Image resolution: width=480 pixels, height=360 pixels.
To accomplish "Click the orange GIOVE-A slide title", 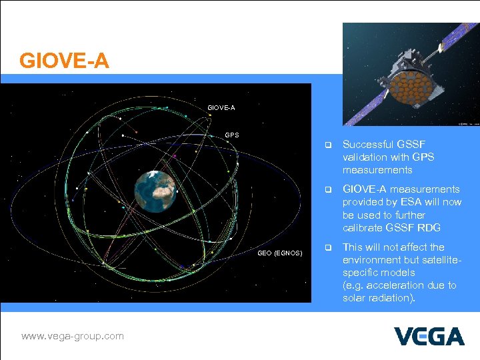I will point(64,61).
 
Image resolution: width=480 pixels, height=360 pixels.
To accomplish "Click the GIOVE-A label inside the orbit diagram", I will point(221,107).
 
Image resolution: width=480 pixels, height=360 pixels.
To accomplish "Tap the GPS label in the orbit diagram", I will point(231,135).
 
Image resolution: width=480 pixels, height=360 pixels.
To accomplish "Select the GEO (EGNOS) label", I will point(280,253).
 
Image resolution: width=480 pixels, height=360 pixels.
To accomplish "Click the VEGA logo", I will point(429,336).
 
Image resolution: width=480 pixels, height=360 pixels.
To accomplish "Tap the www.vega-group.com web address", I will point(72,336).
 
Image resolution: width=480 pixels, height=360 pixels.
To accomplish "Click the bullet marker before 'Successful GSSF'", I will point(327,145).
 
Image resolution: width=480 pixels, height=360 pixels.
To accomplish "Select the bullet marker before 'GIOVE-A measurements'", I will point(327,190).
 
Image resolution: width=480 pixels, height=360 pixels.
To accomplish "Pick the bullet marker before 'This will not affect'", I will point(327,247).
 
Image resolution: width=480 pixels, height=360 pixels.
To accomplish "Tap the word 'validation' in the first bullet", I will point(365,157).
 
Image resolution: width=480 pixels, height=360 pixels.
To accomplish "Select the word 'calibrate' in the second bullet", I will point(380,227).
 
